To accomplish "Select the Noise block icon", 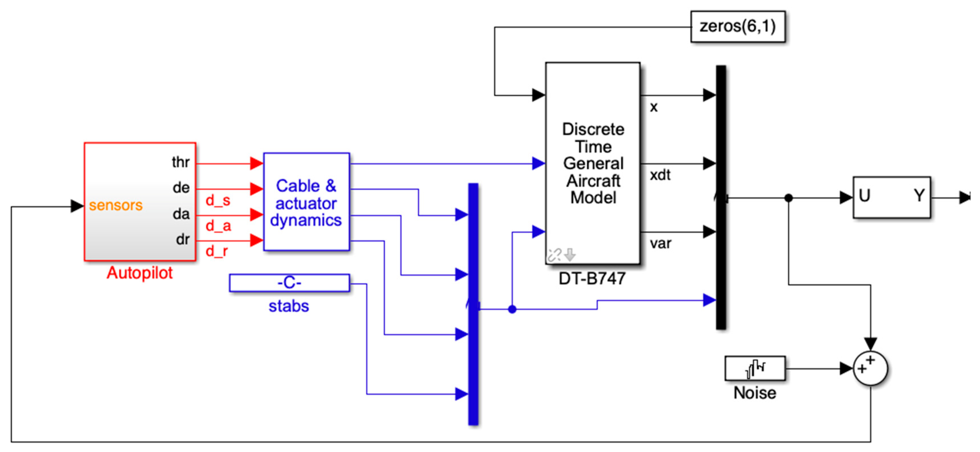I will (755, 368).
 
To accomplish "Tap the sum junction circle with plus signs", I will (870, 368).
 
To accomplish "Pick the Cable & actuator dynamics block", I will (306, 202).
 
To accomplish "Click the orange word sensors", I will (116, 205).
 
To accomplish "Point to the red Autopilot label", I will (140, 273).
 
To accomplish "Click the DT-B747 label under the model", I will (592, 279).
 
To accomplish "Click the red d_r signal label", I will (217, 251).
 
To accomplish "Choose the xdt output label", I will (660, 175).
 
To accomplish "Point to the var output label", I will (660, 243).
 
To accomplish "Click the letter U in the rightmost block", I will (864, 196).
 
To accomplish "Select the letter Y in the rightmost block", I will (919, 196).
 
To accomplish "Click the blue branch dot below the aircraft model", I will (512, 309).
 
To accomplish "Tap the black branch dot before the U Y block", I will (789, 198).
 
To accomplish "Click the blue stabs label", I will (289, 306).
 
